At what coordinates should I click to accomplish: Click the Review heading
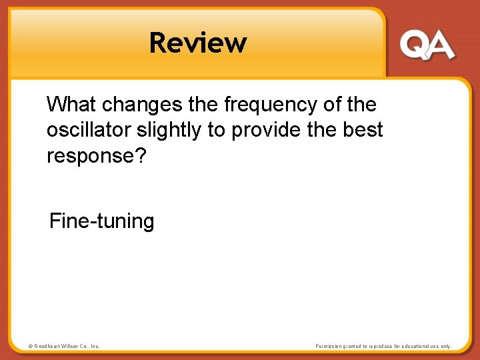point(198,43)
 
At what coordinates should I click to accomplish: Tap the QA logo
point(427,46)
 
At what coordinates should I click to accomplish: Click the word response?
point(96,156)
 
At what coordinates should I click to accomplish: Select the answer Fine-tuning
point(102,221)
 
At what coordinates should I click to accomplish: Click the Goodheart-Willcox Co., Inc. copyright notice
point(63,346)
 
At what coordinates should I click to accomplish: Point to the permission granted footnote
point(383,346)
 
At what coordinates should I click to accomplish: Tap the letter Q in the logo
point(413,46)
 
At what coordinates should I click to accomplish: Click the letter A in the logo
point(441,46)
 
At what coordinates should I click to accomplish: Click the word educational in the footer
point(413,346)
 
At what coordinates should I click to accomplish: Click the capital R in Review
point(158,43)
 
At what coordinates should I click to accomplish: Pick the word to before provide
point(217,131)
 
